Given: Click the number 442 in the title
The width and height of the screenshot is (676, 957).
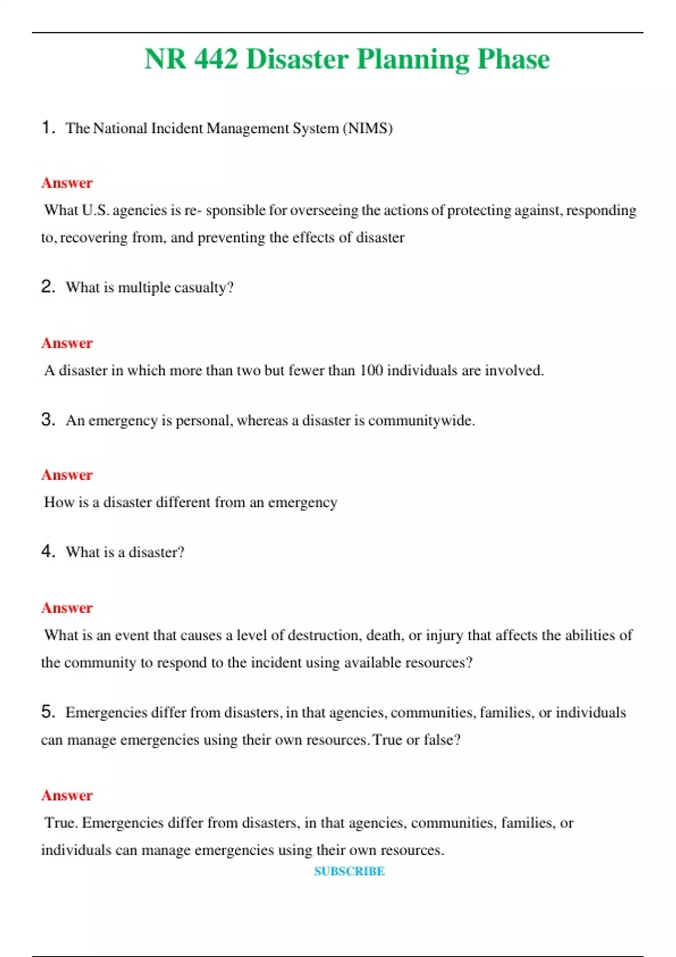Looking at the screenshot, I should coord(216,59).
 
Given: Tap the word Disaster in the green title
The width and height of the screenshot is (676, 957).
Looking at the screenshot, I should coord(297,59).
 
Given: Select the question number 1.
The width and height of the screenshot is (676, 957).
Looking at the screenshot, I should coord(48,127).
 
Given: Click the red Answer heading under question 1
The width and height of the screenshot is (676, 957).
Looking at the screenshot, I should coord(66,183).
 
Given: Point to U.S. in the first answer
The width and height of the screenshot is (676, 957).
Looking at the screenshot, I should coord(95,211).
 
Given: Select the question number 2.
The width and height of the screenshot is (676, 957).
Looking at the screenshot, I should coord(48,287).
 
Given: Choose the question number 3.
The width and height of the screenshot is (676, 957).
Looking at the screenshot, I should coord(48,419).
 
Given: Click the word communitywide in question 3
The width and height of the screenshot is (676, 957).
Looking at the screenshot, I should coord(420,421).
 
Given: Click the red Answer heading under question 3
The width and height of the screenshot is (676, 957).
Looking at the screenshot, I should coord(66,475).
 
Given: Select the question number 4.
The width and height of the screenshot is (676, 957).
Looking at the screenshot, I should coord(48,551).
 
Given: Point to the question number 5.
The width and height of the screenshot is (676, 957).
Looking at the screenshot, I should coord(48,712).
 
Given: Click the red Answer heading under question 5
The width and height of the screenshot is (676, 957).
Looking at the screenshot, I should coord(66,795).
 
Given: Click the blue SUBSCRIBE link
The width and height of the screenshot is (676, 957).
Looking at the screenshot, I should coord(349,871).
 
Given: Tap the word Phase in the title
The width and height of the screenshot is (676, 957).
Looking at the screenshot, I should coord(513,59).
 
